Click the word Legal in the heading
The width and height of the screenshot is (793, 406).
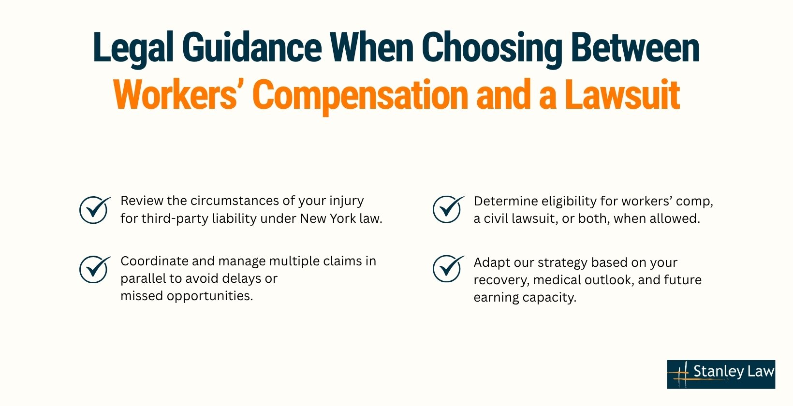click(133, 48)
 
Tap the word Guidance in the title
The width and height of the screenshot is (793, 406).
click(251, 47)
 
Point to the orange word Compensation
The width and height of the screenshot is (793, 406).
click(360, 96)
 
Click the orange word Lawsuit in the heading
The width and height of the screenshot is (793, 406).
click(623, 95)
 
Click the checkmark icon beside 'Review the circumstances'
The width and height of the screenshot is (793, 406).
click(94, 209)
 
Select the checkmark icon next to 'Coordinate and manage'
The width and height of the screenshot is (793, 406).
click(94, 269)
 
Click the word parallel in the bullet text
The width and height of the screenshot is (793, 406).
click(143, 279)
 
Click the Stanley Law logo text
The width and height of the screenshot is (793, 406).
click(734, 371)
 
